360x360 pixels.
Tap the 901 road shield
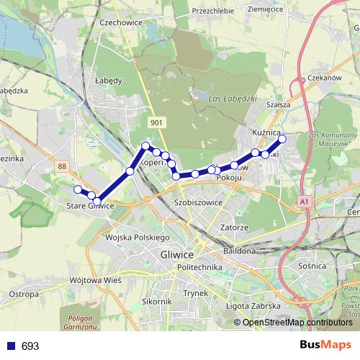(156, 123)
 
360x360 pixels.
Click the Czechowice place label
(119, 42)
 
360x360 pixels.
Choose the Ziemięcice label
(266, 9)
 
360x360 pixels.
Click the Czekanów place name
(323, 78)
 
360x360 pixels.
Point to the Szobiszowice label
(198, 203)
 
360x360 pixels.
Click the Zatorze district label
(234, 228)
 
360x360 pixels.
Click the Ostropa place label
(23, 294)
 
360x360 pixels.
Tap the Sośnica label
(312, 266)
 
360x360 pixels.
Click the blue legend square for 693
(9, 346)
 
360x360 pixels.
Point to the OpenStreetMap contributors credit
(297, 323)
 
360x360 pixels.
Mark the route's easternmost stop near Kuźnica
(282, 139)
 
